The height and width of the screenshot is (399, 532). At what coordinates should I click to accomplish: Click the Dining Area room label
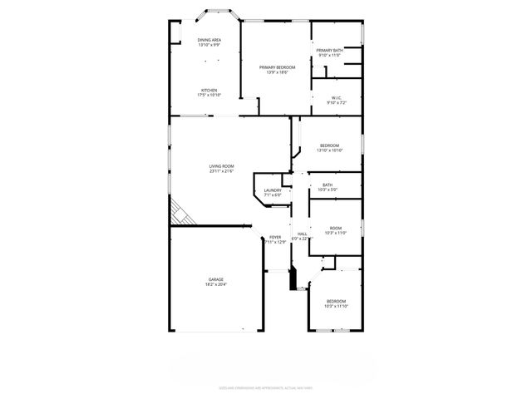(x=209, y=40)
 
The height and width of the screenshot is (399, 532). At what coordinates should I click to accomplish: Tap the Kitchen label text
(x=209, y=90)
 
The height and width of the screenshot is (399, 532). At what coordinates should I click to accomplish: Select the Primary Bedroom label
(x=277, y=67)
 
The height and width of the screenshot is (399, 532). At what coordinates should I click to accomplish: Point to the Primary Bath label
(x=329, y=51)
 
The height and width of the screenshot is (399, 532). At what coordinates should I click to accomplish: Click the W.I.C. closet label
(x=337, y=98)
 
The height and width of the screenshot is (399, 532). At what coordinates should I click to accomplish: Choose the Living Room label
(x=221, y=166)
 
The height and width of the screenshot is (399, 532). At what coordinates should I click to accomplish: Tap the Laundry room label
(x=273, y=190)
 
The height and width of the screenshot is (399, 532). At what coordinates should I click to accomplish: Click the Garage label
(x=215, y=279)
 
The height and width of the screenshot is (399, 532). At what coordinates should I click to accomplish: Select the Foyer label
(x=275, y=237)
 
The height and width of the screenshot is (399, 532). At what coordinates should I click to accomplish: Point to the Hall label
(x=303, y=234)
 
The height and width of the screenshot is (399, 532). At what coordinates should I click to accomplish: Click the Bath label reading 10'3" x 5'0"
(x=328, y=185)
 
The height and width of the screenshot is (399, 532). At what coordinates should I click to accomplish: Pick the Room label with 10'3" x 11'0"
(x=335, y=228)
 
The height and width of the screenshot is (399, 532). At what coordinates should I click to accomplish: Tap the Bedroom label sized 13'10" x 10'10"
(x=330, y=146)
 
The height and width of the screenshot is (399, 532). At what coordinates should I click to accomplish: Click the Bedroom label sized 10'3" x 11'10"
(x=336, y=301)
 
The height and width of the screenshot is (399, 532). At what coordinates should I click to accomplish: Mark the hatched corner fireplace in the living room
(x=181, y=214)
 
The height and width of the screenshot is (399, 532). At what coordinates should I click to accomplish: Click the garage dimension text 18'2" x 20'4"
(x=215, y=284)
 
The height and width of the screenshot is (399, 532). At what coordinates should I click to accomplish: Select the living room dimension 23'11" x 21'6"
(x=221, y=171)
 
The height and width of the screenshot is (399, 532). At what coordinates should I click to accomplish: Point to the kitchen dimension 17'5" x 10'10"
(x=209, y=95)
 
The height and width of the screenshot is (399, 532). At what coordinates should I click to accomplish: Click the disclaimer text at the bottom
(x=265, y=387)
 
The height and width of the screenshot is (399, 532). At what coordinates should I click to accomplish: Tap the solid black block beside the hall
(x=293, y=278)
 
